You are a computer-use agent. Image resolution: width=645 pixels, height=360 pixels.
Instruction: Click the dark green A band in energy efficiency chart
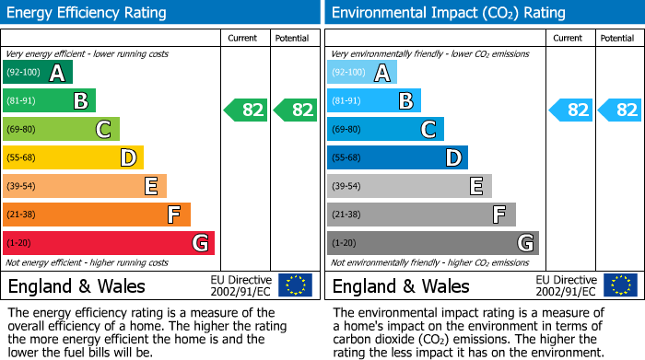38,73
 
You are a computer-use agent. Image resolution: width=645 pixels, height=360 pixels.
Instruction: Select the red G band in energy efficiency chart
109,243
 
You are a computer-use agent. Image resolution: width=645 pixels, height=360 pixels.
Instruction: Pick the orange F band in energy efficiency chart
97,215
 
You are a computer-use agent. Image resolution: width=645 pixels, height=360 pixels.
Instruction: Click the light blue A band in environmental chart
362,73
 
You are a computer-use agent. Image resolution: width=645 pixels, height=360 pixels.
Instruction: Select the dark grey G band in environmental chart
433,243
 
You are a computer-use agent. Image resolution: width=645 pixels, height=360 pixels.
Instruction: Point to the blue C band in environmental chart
385,130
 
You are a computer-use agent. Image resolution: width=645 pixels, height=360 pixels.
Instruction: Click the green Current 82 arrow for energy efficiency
246,110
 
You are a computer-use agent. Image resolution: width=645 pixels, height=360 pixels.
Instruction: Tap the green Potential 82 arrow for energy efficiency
296,110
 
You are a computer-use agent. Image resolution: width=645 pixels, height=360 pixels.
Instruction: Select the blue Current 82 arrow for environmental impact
570,110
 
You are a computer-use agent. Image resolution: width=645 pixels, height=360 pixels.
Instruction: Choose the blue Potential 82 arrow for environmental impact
620,110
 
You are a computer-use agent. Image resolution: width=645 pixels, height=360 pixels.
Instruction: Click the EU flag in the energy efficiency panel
295,285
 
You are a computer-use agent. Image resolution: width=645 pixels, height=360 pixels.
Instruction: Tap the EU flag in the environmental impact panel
619,285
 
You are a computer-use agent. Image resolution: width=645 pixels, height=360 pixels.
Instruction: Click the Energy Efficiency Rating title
88,13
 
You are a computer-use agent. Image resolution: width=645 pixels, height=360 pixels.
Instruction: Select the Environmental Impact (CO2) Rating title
448,13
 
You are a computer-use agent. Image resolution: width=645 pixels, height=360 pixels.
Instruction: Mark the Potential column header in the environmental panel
617,38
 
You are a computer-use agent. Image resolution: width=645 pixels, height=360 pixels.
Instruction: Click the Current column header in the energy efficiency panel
244,38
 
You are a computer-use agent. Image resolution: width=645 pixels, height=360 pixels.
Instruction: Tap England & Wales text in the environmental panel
401,286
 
